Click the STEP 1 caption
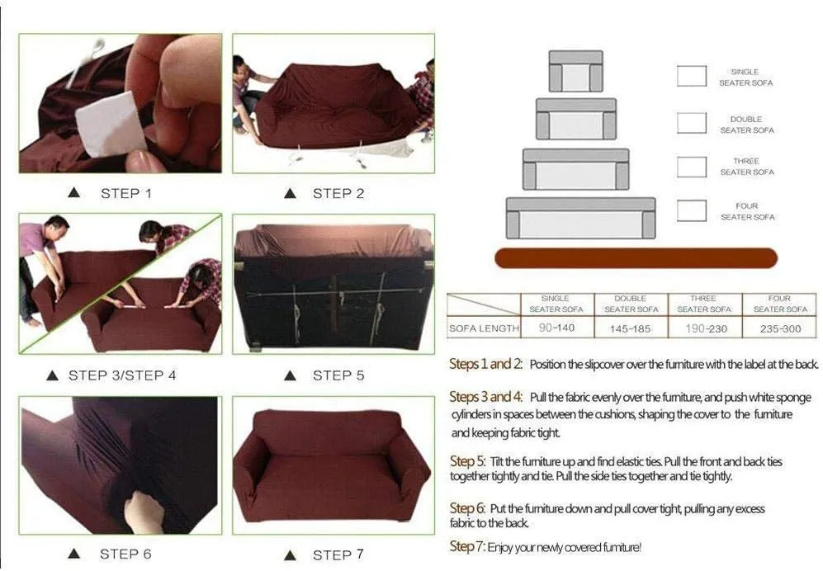(126, 194)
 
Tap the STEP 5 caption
(338, 375)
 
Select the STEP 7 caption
(338, 554)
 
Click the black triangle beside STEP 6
(74, 554)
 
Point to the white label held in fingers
(111, 124)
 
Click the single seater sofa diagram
(576, 71)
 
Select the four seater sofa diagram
(580, 218)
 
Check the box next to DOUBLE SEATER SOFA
(691, 123)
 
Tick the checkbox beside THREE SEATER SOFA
(691, 168)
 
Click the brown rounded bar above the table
(636, 258)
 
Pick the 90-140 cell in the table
(557, 328)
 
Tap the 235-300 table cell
(780, 328)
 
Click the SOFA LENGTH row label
(484, 328)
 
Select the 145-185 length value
(631, 328)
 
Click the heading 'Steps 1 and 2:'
(486, 364)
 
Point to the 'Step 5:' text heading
(468, 461)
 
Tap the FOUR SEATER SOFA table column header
(780, 304)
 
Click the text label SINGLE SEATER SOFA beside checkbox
(746, 77)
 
